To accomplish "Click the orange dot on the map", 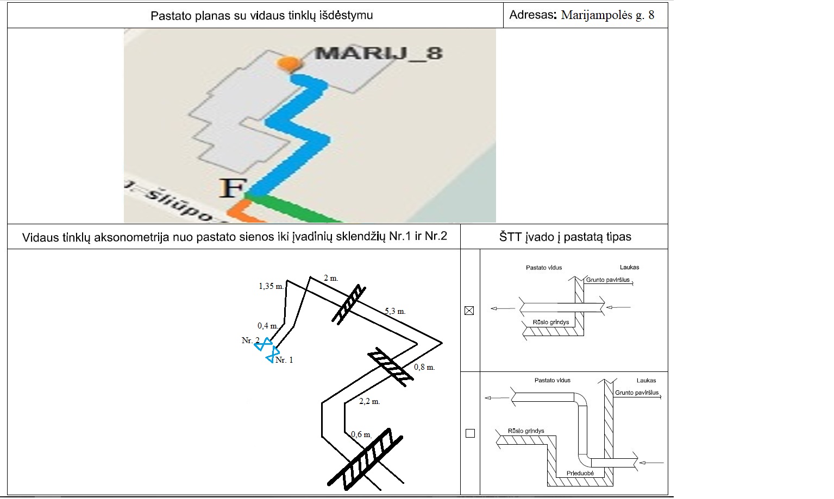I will [288, 64].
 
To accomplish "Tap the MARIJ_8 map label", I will [379, 53].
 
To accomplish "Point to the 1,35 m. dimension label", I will [271, 286].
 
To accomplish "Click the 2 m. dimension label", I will [331, 278].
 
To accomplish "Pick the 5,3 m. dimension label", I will [395, 311].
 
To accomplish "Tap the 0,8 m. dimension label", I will [424, 367].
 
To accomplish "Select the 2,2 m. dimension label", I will [369, 402].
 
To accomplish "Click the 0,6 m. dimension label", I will [361, 434].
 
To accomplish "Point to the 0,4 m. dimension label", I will [268, 326].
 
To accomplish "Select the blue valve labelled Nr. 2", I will [264, 344].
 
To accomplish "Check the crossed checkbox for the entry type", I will [469, 311].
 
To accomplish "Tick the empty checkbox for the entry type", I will [470, 433].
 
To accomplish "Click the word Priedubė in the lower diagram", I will [580, 473].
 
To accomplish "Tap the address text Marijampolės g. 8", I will [607, 15].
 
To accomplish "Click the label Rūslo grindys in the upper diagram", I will [551, 322].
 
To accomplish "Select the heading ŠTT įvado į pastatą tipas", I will [565, 237].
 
